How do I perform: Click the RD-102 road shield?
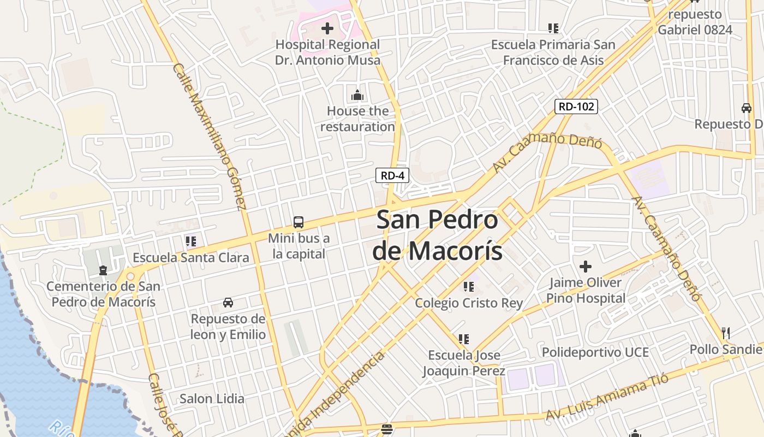[576, 107]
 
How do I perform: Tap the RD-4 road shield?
[392, 175]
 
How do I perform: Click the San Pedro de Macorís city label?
[438, 235]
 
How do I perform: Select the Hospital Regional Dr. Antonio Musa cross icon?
[327, 28]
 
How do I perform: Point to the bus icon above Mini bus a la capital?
[299, 222]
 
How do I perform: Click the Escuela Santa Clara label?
[191, 257]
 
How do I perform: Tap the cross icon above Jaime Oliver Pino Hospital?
[586, 267]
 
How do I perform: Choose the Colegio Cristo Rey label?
[469, 303]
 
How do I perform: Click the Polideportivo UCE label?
[595, 352]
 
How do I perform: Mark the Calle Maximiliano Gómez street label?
[210, 137]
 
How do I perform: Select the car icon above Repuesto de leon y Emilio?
[228, 302]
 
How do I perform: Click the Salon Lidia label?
[212, 399]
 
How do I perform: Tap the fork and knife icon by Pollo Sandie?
[726, 333]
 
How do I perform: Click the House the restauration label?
[357, 119]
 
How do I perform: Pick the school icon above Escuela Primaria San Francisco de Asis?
[553, 28]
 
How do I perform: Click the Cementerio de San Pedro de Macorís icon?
[103, 270]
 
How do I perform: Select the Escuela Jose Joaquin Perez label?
[464, 363]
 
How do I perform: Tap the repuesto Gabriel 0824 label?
[695, 22]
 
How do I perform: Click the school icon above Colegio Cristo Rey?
[468, 286]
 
